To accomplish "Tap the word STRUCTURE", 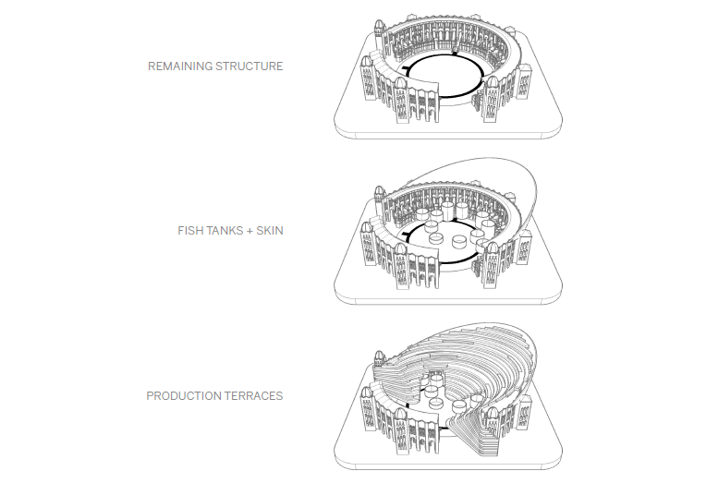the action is pos(250,66).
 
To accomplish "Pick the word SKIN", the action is pos(270,231).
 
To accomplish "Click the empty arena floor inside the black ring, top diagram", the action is pos(444,76).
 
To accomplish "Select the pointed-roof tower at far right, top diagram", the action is pos(524,81).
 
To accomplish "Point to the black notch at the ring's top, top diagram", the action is pos(455,54).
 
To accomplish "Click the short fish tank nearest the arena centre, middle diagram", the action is pos(436,237).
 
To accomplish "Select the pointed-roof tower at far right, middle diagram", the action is pos(524,247).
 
